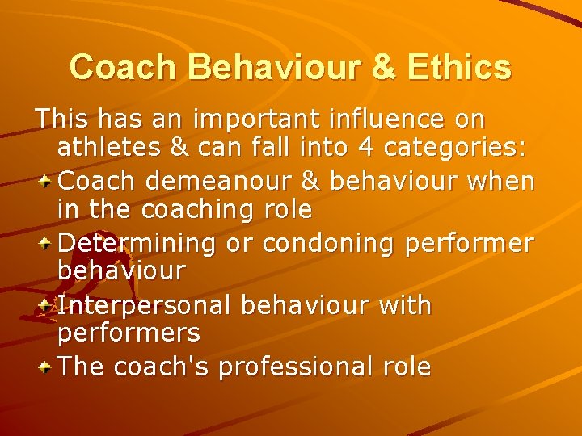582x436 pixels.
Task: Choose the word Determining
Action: pos(138,242)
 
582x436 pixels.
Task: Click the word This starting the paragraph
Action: pos(63,119)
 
